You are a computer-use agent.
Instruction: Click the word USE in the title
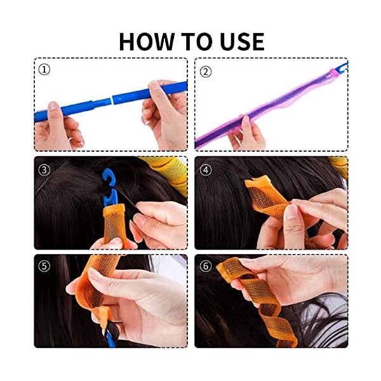(x=238, y=41)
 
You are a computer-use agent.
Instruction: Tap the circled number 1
(x=44, y=69)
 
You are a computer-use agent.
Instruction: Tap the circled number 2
(x=205, y=70)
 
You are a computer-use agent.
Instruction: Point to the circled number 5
(x=44, y=266)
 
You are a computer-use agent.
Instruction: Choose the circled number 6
(x=205, y=266)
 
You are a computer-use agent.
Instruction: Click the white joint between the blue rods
(x=112, y=99)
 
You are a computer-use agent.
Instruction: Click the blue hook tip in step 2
(x=342, y=66)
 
